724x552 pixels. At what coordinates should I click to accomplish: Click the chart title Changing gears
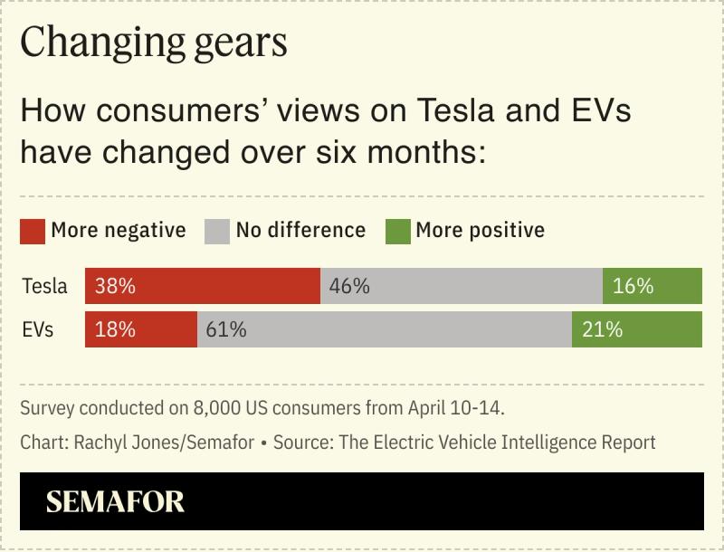click(x=153, y=43)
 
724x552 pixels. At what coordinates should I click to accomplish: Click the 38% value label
click(x=114, y=286)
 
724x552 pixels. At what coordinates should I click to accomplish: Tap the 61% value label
click(x=226, y=329)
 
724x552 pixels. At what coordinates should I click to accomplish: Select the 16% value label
click(x=633, y=286)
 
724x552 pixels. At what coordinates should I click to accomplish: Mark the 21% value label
click(x=602, y=329)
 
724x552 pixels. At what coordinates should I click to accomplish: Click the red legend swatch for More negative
click(x=33, y=231)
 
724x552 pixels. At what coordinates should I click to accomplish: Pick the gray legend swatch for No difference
click(x=217, y=231)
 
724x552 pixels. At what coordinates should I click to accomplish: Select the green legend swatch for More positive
click(x=397, y=231)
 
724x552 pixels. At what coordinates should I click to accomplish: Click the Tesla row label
click(x=44, y=286)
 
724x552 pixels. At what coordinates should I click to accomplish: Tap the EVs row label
click(x=38, y=329)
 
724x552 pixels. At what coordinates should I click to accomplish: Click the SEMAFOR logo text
click(x=115, y=501)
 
